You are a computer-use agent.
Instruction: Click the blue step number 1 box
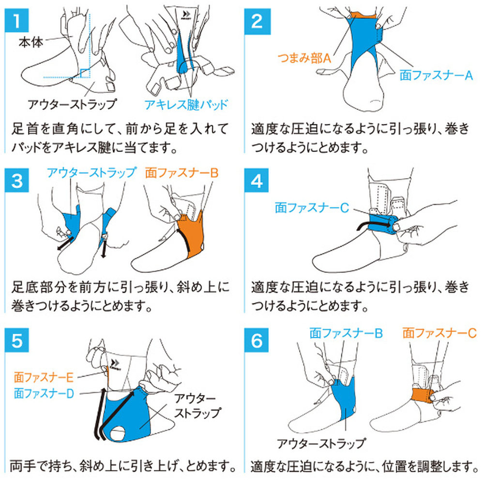point(16,20)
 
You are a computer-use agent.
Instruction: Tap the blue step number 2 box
point(257,21)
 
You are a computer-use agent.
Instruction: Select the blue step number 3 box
point(16,180)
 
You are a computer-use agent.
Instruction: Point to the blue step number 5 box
point(16,340)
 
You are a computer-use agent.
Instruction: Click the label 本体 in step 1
point(31,42)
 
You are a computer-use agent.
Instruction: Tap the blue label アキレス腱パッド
point(186,105)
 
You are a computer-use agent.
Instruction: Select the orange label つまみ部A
point(304,58)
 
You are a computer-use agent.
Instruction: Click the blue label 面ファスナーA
point(437,75)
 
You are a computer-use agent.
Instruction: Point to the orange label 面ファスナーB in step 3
point(182,173)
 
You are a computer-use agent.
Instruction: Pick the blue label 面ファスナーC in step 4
point(312,208)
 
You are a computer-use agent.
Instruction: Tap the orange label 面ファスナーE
point(44,377)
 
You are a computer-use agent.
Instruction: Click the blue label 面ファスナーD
point(44,393)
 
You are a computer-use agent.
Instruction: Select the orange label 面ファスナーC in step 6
point(439,333)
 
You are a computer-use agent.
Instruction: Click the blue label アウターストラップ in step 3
point(91,173)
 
